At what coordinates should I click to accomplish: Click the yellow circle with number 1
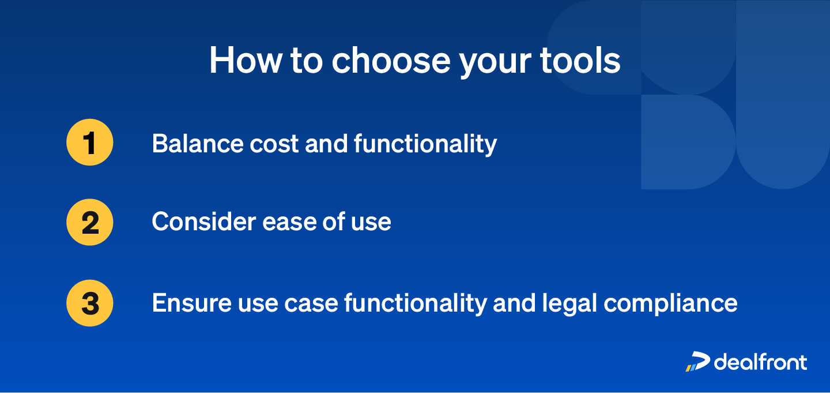click(x=90, y=143)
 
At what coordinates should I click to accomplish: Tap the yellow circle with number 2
click(x=90, y=222)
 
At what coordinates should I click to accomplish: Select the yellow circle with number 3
click(x=90, y=303)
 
